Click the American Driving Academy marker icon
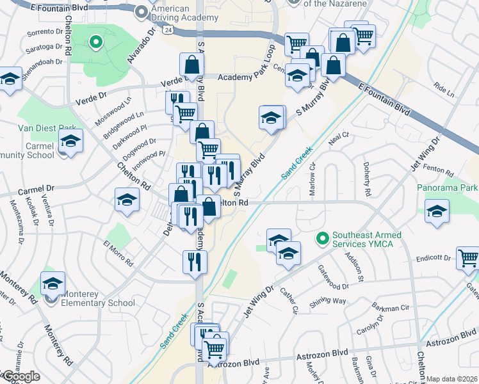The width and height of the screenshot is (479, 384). pos(142,11)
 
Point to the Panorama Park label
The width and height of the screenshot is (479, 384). pos(447,188)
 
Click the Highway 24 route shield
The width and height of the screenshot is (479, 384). pos(167,29)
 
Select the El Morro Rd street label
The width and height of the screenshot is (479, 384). pos(120,253)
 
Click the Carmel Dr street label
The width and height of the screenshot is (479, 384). pos(37,191)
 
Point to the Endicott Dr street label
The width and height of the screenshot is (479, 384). pos(434,258)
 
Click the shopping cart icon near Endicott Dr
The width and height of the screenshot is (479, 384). pos(468,258)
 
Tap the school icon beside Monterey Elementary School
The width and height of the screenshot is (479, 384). pos(53,283)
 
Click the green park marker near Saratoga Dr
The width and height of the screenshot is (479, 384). pos(95,43)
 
